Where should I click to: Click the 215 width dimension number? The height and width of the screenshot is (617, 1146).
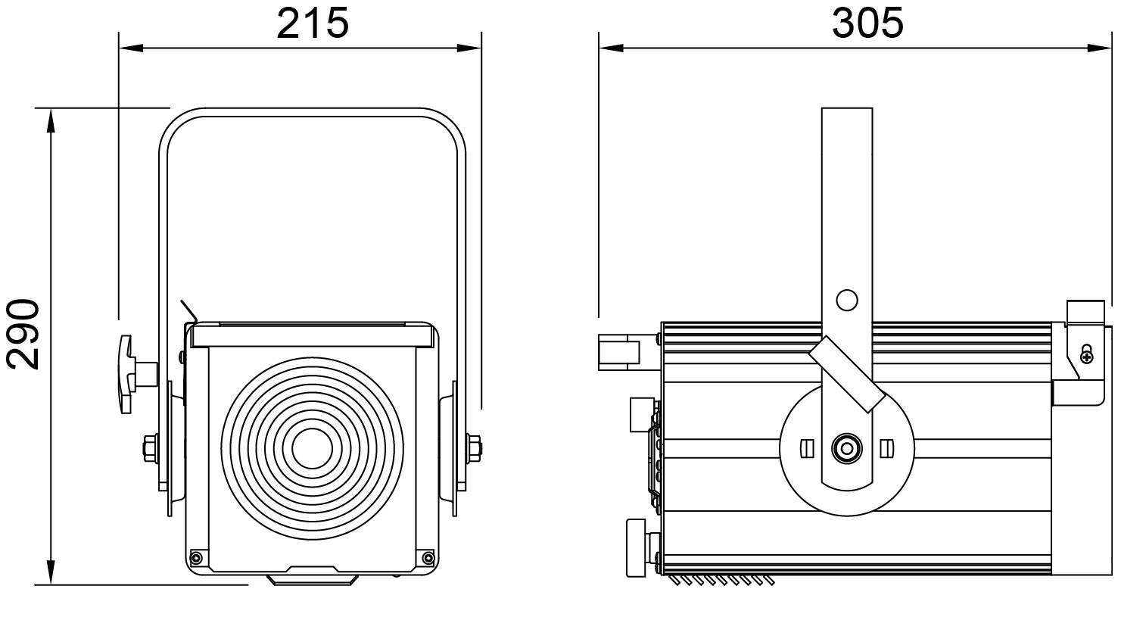tap(313, 23)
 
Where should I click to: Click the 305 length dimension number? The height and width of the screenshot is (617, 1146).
tap(867, 23)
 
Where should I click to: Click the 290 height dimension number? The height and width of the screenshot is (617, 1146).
tap(23, 334)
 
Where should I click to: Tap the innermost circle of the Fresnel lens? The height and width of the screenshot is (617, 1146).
tap(312, 448)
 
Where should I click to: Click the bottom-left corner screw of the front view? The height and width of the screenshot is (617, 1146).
tap(196, 557)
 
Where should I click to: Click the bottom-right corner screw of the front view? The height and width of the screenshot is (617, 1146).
tap(428, 557)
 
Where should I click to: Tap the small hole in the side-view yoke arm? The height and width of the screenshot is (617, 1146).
tap(847, 301)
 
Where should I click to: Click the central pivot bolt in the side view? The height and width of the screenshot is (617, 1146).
tap(847, 449)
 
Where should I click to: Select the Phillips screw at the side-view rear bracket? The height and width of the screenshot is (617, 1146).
tap(1086, 356)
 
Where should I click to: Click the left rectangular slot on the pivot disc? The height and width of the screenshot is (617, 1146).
tap(807, 449)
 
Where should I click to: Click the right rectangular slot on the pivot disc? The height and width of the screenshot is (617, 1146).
tap(887, 449)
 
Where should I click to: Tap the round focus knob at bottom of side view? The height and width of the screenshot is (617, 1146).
tap(637, 548)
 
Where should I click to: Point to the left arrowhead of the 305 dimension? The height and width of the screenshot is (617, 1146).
tap(611, 48)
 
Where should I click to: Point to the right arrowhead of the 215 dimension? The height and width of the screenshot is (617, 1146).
tap(469, 48)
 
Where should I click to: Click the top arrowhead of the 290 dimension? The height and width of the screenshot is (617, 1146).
tap(51, 120)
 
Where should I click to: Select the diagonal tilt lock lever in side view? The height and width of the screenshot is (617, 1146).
tap(847, 374)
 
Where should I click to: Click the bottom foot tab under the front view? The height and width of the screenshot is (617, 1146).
tap(312, 580)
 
